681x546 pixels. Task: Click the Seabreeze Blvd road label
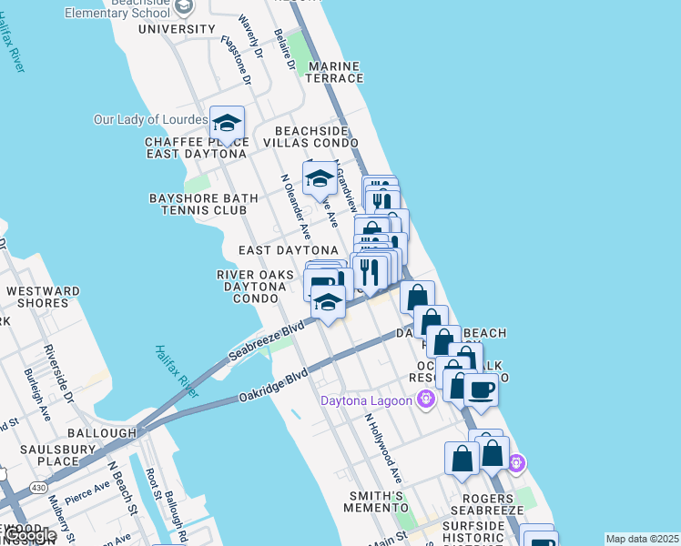[266, 342]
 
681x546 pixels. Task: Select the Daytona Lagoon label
[365, 399]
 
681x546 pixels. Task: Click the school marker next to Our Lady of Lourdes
[227, 123]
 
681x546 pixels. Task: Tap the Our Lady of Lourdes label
[151, 119]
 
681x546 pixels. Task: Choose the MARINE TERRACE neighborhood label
[335, 73]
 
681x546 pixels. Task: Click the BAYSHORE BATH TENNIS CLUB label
[198, 204]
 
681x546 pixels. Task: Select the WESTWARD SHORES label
[43, 297]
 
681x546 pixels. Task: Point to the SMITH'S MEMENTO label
[374, 501]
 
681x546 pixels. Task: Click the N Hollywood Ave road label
[383, 449]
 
